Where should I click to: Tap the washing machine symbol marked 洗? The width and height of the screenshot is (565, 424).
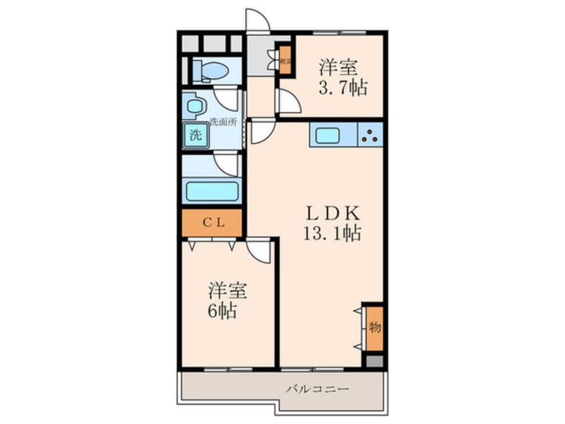click(x=194, y=134)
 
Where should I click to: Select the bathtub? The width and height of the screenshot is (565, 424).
click(x=212, y=191)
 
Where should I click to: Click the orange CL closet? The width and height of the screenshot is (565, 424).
click(x=212, y=223)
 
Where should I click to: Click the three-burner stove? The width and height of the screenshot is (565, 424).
click(x=370, y=136)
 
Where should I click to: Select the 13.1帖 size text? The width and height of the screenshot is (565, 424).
click(x=333, y=234)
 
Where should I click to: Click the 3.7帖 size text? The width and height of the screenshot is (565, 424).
click(x=343, y=88)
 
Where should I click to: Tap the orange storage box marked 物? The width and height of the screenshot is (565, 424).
click(x=374, y=327)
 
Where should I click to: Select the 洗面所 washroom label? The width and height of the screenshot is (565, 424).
click(x=223, y=122)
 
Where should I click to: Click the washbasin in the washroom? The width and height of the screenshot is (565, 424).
click(x=194, y=106)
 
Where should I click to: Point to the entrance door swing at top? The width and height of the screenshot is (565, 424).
click(x=258, y=20)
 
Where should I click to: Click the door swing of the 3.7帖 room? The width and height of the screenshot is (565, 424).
click(x=289, y=102)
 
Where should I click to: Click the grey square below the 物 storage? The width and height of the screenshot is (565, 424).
click(x=374, y=361)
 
